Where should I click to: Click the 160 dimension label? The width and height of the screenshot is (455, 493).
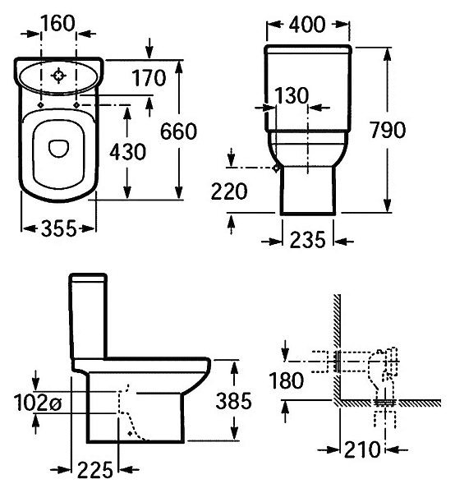57,23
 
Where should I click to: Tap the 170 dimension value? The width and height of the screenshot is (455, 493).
149,78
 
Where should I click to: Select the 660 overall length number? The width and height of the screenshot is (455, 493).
178,131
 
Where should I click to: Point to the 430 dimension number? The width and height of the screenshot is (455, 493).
127,151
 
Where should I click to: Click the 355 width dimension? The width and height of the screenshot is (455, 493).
59,228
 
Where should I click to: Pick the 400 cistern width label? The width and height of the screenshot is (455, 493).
307,25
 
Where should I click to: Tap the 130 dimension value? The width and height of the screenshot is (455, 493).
292,95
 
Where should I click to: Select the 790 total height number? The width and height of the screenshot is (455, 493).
388,130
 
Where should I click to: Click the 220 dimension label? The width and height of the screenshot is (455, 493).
229,191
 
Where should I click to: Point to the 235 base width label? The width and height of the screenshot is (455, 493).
307,240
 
